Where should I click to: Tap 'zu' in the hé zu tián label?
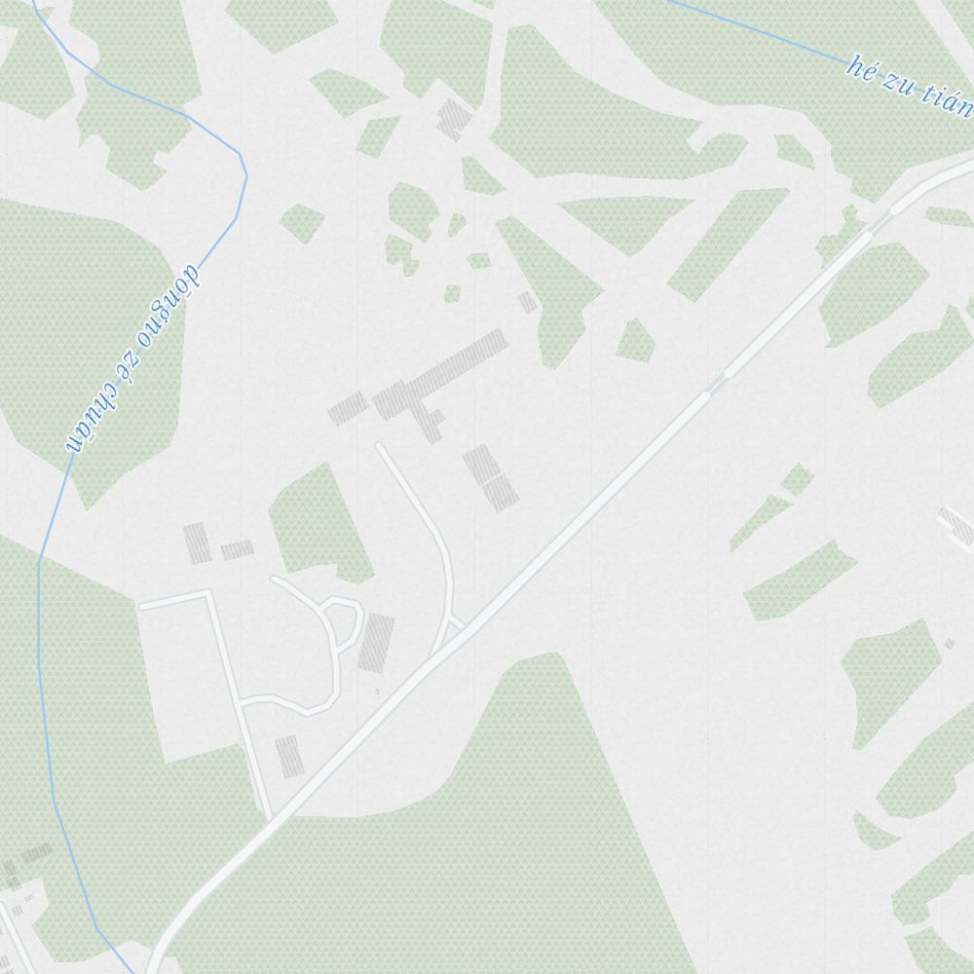(897, 83)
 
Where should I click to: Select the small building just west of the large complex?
(348, 408)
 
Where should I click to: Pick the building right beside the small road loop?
(376, 642)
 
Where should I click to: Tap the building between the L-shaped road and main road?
(287, 756)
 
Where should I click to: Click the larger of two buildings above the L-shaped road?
(198, 543)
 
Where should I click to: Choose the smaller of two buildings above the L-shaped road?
(237, 550)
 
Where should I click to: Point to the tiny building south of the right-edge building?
(949, 644)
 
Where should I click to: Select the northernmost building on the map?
(453, 119)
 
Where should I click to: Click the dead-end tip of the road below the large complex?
(380, 447)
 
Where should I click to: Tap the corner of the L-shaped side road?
(209, 593)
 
